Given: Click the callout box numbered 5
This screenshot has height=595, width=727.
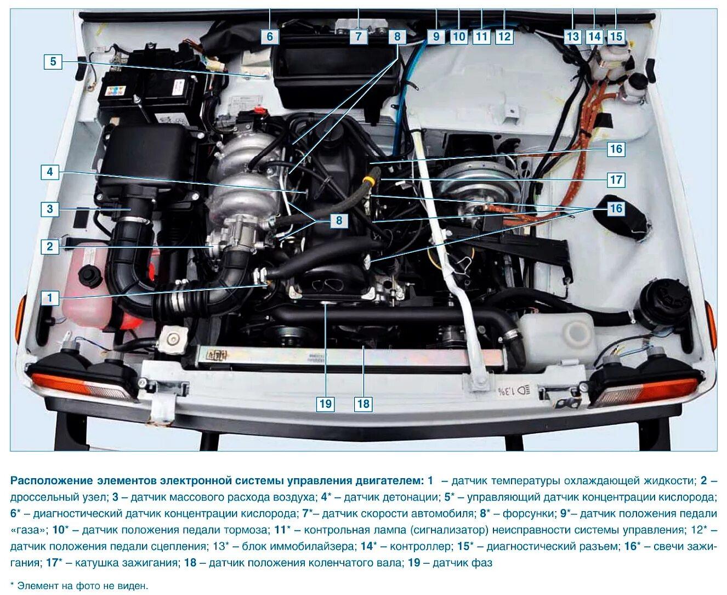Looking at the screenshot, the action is click(53, 62).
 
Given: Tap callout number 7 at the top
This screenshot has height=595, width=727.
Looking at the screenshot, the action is click(358, 36).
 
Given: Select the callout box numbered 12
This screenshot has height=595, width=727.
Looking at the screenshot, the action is click(504, 36).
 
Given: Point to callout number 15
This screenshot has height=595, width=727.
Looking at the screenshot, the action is click(616, 36).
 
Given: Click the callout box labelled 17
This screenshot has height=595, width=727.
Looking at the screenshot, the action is click(616, 179).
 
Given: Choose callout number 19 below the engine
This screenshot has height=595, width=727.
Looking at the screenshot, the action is click(326, 403).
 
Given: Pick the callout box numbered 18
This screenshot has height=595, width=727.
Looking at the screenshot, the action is click(364, 403).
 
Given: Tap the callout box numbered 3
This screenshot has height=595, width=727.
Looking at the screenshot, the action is click(50, 208).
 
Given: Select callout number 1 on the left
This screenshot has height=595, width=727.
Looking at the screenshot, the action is click(50, 297).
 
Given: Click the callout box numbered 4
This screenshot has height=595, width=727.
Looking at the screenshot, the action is click(50, 171).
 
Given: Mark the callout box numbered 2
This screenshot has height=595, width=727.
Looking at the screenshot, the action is click(50, 246).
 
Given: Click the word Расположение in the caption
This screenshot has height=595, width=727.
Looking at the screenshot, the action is click(52, 480).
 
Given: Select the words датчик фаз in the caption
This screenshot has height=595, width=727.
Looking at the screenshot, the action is click(462, 563).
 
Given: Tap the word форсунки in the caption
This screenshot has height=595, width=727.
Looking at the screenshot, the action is click(528, 514).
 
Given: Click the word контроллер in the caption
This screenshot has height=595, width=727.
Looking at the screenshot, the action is click(421, 547).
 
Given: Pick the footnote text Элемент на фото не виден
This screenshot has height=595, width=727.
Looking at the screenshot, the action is click(83, 586).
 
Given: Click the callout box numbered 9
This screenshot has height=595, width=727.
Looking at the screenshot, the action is click(436, 36).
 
